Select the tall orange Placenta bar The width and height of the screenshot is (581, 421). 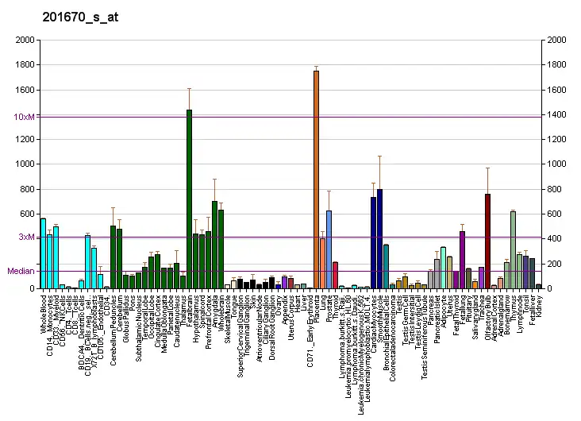pyautogui.click(x=316, y=180)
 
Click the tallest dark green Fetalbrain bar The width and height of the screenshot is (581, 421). pyautogui.click(x=189, y=199)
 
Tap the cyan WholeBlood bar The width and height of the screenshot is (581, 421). pyautogui.click(x=43, y=253)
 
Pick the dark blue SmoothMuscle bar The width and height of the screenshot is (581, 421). pyautogui.click(x=379, y=238)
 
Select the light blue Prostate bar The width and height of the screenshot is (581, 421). pyautogui.click(x=329, y=249)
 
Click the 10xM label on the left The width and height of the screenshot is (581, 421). pyautogui.click(x=25, y=117)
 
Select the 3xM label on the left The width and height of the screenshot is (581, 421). pyautogui.click(x=27, y=238)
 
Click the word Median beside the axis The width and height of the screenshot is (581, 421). pyautogui.click(x=21, y=271)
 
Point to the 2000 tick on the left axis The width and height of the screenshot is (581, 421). pyautogui.click(x=24, y=40)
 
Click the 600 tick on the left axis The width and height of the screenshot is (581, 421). pyautogui.click(x=27, y=214)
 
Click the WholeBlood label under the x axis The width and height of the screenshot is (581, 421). pyautogui.click(x=44, y=311)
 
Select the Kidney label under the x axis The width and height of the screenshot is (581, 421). pyautogui.click(x=539, y=304)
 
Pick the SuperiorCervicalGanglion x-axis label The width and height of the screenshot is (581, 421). pyautogui.click(x=240, y=334)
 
